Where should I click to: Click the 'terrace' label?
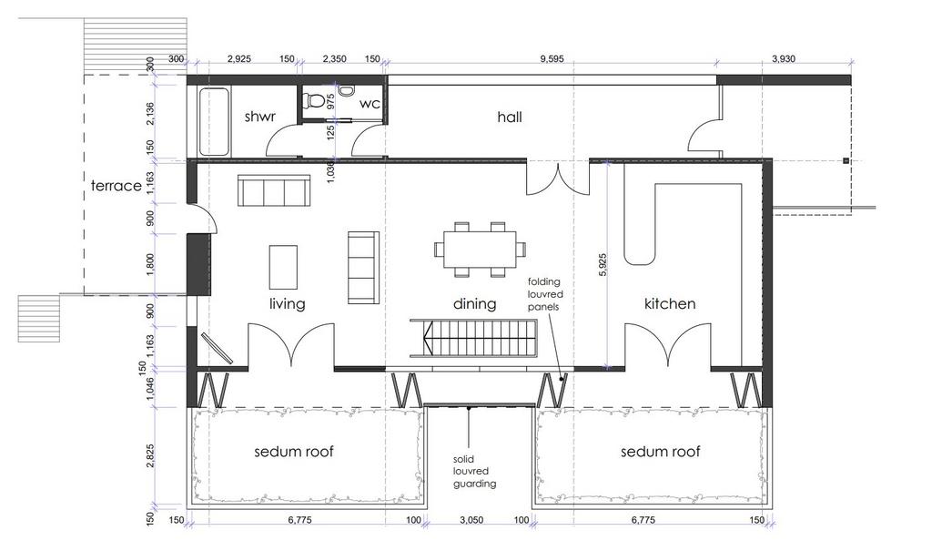116,186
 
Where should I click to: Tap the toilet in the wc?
313,101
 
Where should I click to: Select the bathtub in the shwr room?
213,122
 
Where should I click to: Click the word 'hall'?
510,117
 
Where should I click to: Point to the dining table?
481,250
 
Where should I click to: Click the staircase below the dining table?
473,338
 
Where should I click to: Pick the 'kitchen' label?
670,304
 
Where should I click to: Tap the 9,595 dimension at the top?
552,59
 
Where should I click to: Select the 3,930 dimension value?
783,59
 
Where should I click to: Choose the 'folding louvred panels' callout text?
545,294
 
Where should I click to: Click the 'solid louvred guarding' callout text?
474,472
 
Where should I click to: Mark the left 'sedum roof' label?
294,452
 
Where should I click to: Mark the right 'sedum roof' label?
661,452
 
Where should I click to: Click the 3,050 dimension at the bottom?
471,520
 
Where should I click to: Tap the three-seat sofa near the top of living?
274,190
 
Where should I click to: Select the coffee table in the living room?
283,267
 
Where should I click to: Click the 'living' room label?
287,304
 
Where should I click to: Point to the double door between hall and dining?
558,179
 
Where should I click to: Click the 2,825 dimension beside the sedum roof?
150,455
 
